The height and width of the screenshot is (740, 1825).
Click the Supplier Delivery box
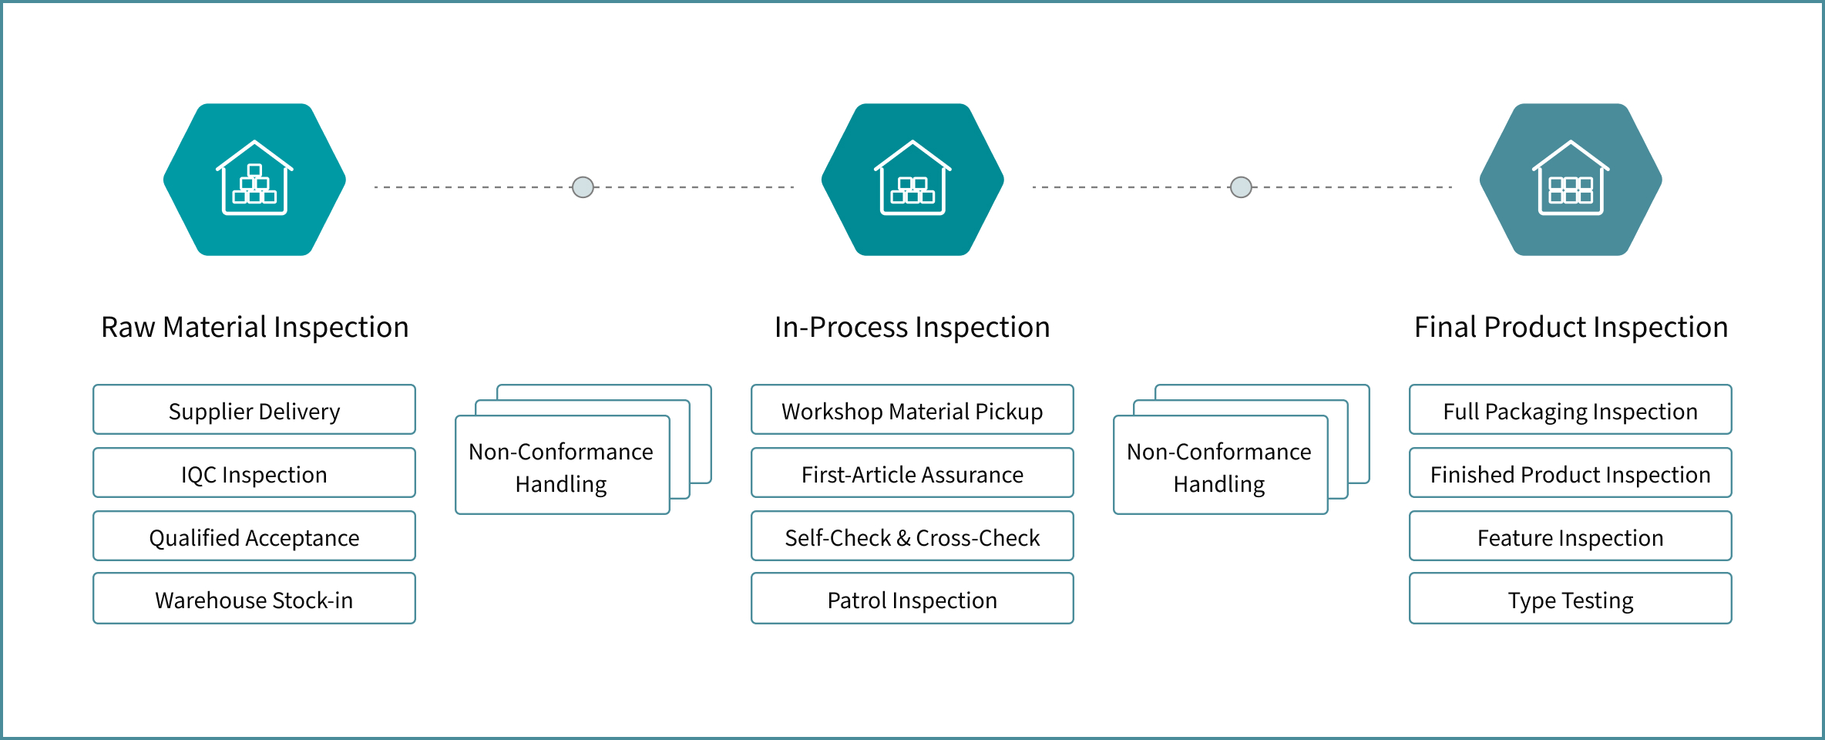[x=254, y=410]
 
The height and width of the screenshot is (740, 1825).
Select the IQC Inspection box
[x=254, y=473]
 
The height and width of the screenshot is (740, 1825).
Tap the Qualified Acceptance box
[x=254, y=536]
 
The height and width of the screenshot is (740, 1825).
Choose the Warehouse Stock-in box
[x=254, y=599]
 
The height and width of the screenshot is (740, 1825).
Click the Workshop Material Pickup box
[x=912, y=410]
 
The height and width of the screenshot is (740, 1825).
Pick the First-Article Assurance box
[x=912, y=473]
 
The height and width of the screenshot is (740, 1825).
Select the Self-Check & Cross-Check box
[x=912, y=536]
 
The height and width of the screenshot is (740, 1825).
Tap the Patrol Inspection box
[x=912, y=599]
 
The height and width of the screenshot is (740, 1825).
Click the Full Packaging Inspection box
[x=1570, y=410]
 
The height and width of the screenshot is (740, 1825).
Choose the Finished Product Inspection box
[x=1570, y=473]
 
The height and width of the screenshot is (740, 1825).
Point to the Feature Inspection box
[x=1570, y=536]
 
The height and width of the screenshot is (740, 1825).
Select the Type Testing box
[x=1570, y=599]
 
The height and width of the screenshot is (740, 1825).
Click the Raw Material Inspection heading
[x=254, y=328]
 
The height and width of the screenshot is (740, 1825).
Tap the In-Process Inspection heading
[x=912, y=328]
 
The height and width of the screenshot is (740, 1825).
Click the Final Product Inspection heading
[x=1571, y=328]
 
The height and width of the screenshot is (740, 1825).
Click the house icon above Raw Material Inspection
[x=254, y=178]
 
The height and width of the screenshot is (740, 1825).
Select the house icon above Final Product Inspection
[x=1571, y=178]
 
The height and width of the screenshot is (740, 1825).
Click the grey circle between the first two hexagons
[x=583, y=187]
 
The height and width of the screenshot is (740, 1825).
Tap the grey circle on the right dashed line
[x=1241, y=187]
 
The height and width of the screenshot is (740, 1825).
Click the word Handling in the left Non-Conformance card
[x=561, y=484]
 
